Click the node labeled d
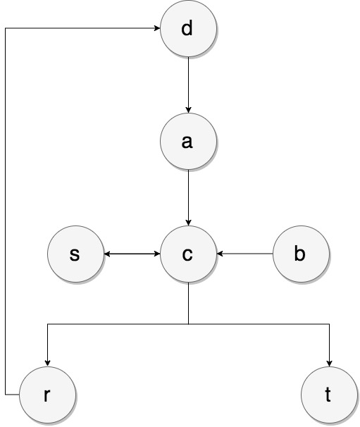[187, 30]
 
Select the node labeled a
[187, 142]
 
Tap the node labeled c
[187, 254]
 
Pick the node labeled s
[75, 254]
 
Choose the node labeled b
[300, 254]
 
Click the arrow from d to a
[187, 85]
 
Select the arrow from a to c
[187, 197]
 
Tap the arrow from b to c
[245, 254]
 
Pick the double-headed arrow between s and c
[131, 254]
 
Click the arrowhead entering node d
[156, 30]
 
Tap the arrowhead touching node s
[106, 254]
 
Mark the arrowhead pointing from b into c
[219, 254]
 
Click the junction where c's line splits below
[187, 325]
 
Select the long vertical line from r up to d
[5, 211]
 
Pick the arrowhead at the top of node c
[187, 222]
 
